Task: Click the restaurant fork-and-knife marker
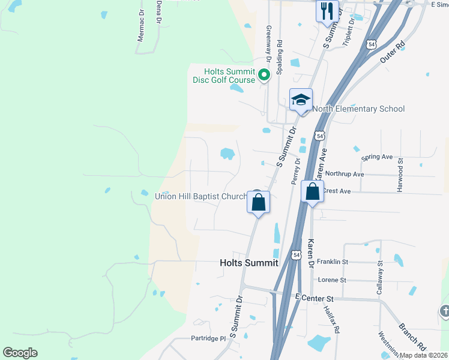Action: click(327, 12)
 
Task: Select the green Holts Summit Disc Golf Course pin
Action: click(264, 75)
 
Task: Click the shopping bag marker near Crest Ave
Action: click(312, 193)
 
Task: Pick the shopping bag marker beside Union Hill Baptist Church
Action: click(258, 202)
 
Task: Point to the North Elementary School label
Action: click(358, 109)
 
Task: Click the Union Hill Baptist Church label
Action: click(201, 196)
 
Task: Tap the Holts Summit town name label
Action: click(249, 263)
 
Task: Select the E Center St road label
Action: click(315, 298)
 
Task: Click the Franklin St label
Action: click(333, 262)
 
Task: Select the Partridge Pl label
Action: click(208, 338)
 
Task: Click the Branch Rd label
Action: click(413, 337)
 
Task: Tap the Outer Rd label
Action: click(393, 52)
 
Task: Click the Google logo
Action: click(20, 353)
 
